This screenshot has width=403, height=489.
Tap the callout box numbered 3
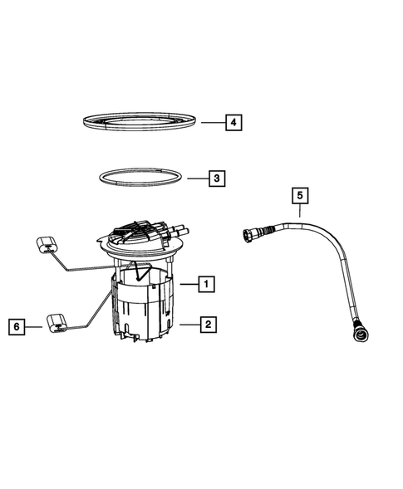tap(214, 178)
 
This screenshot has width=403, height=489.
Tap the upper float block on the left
tap(47, 244)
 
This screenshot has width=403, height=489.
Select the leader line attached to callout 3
tap(194, 178)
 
